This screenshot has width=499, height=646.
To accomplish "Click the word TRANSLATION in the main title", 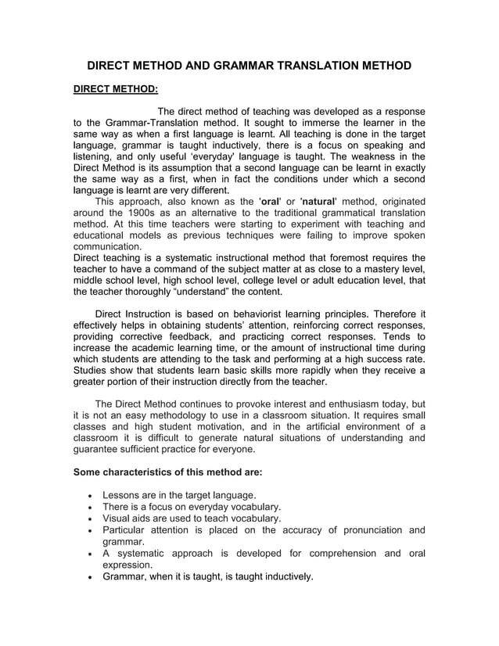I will (321, 66).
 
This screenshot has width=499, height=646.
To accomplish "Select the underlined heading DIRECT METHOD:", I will (115, 89).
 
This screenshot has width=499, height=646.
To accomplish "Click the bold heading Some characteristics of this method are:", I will (167, 472).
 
